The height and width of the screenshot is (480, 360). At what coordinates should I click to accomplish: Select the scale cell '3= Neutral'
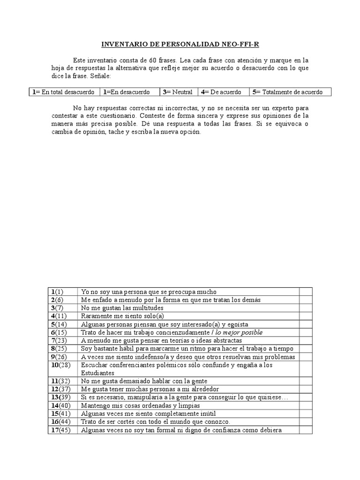tap(178, 92)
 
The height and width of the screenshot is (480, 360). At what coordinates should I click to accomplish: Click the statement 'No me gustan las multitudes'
tap(122, 308)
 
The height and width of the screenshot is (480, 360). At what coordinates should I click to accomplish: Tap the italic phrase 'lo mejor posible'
tap(239, 332)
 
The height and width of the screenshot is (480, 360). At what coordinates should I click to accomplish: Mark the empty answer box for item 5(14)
tap(306, 324)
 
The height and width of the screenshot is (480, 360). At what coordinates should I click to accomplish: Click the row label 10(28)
tap(61, 365)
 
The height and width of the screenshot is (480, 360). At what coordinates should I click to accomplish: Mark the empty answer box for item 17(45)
tap(306, 430)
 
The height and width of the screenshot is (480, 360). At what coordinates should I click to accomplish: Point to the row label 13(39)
tap(61, 397)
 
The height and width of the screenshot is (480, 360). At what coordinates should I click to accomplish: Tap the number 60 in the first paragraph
tap(155, 60)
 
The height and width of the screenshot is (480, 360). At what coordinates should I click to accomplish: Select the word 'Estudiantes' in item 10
tap(98, 373)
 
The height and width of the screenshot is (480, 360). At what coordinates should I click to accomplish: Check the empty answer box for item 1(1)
tap(306, 292)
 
